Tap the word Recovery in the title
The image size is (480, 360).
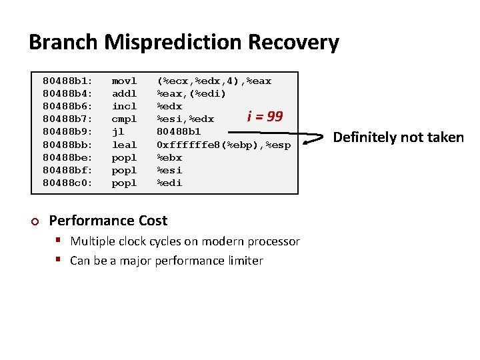(x=293, y=43)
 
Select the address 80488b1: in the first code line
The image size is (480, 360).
(x=68, y=81)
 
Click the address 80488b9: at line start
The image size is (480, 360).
(x=68, y=132)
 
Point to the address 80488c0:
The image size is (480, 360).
(x=68, y=183)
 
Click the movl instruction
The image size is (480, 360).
(x=124, y=81)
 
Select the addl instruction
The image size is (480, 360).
(x=124, y=94)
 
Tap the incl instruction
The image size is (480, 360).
(x=124, y=107)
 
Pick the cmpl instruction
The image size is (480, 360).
(x=124, y=119)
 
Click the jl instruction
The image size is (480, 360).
(x=118, y=132)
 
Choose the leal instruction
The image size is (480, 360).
(x=124, y=145)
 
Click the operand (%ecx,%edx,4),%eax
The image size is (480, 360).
(x=214, y=81)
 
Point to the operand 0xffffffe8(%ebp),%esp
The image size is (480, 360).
(x=223, y=145)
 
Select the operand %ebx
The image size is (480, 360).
(x=169, y=157)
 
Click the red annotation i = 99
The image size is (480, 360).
(x=265, y=117)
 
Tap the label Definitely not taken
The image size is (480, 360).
(x=398, y=137)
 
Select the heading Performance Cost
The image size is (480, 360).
(x=109, y=221)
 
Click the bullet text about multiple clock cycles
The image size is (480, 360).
(x=185, y=241)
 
